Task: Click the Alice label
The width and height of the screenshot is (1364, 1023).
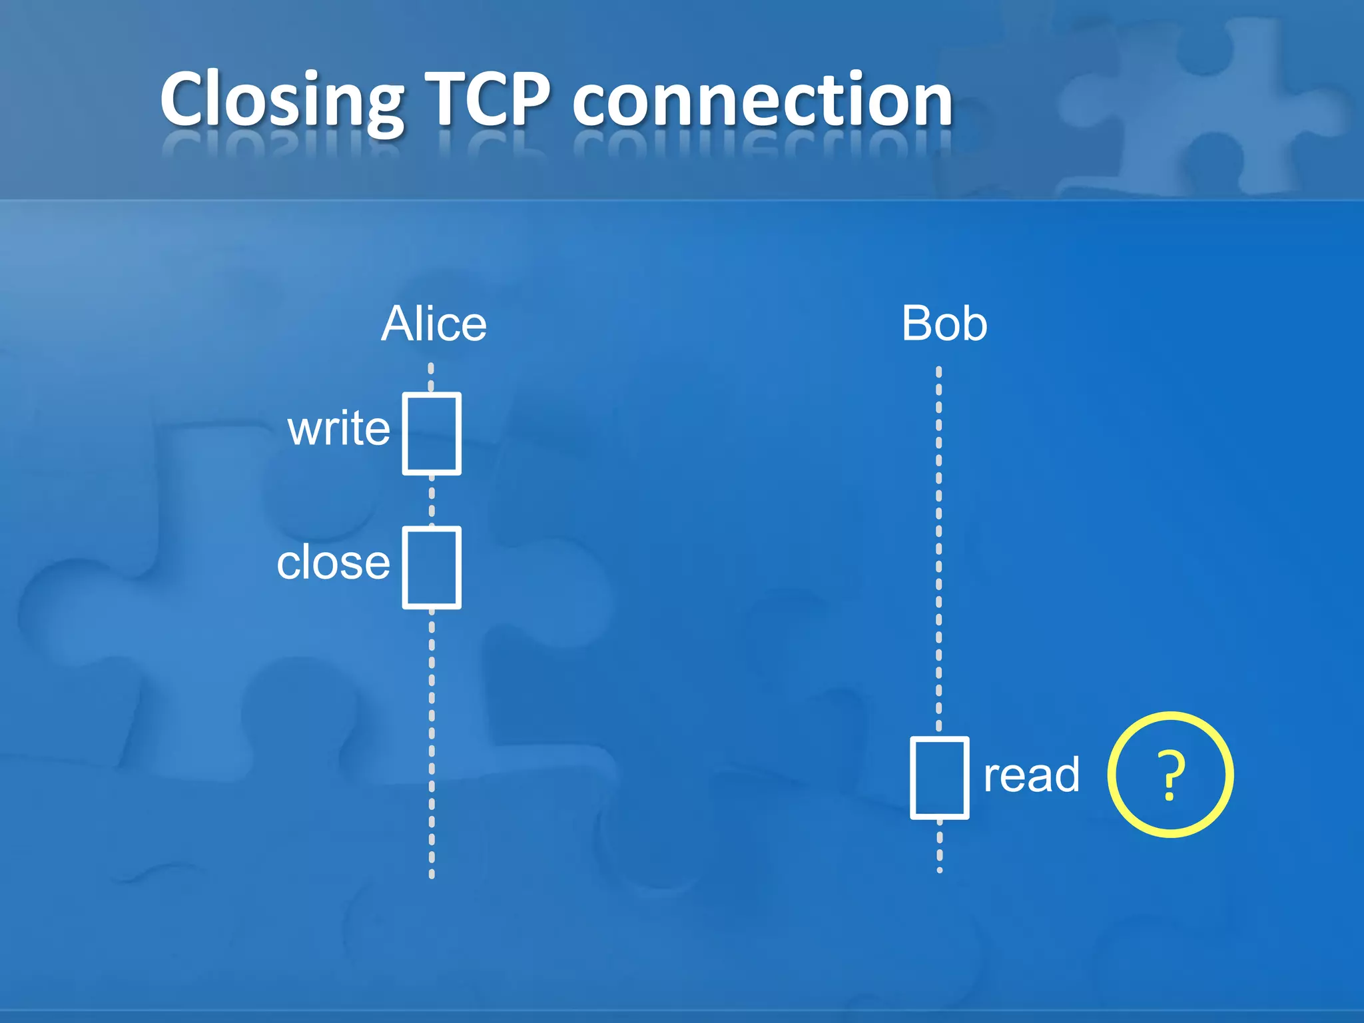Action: click(x=434, y=324)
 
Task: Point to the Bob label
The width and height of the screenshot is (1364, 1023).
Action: click(x=944, y=324)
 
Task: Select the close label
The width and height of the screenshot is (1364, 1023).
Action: click(x=333, y=563)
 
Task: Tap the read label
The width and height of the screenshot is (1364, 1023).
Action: click(x=1031, y=775)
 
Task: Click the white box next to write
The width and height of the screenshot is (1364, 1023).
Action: click(x=432, y=434)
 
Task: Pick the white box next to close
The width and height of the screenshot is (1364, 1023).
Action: click(x=432, y=567)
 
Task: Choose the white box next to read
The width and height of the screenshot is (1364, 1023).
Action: click(x=939, y=777)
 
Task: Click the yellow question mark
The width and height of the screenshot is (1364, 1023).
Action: click(x=1170, y=775)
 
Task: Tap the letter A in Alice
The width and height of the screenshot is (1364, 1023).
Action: click(x=398, y=324)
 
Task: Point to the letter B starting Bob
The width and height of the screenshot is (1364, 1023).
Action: click(x=916, y=324)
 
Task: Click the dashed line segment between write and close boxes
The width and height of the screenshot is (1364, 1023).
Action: click(x=432, y=501)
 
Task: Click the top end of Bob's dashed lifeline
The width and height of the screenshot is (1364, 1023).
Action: click(x=939, y=370)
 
